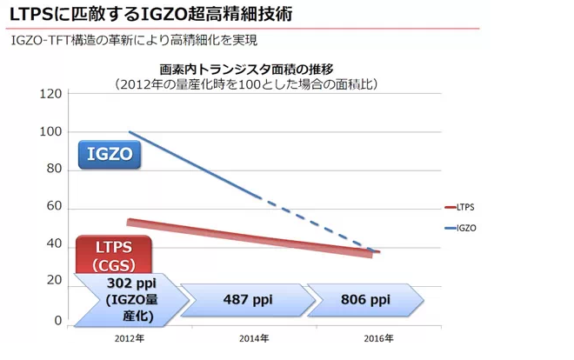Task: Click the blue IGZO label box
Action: coord(110,155)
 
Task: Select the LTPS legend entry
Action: coord(464,207)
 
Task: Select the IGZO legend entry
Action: coord(464,228)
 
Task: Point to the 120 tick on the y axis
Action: coord(51,94)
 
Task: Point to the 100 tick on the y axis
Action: coord(51,132)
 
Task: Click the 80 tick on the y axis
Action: coord(54,170)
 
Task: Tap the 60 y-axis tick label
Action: coord(54,207)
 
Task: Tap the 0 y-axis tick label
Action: coord(57,320)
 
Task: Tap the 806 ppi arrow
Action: coord(365,299)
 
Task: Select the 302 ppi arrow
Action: coord(130,299)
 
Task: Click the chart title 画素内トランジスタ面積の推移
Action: coord(246,70)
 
